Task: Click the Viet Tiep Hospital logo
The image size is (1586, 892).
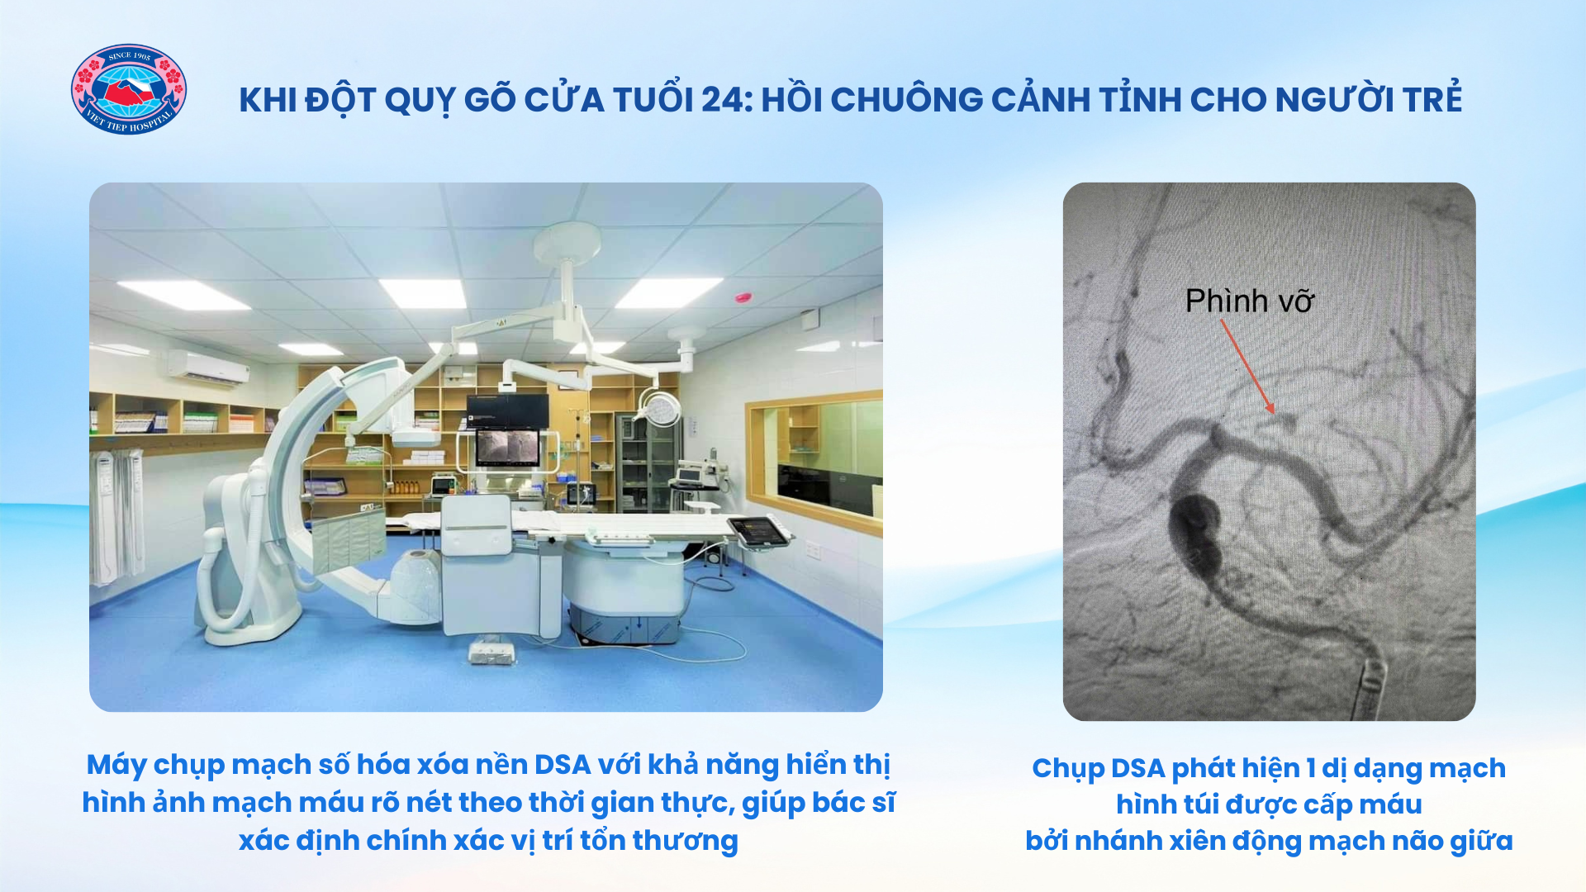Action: click(129, 89)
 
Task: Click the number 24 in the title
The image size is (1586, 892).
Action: click(724, 100)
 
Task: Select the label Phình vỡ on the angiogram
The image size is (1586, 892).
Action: click(1249, 301)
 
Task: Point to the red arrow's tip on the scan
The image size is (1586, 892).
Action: click(1273, 411)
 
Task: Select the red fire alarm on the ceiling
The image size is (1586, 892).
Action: click(743, 297)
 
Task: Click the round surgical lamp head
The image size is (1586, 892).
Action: click(659, 406)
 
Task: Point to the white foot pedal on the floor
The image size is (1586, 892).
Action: click(492, 652)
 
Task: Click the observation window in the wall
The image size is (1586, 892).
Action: click(814, 463)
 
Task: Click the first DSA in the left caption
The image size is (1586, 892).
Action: click(563, 765)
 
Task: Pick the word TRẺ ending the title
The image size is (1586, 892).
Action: click(1432, 97)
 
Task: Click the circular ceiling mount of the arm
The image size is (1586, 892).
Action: click(567, 242)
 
